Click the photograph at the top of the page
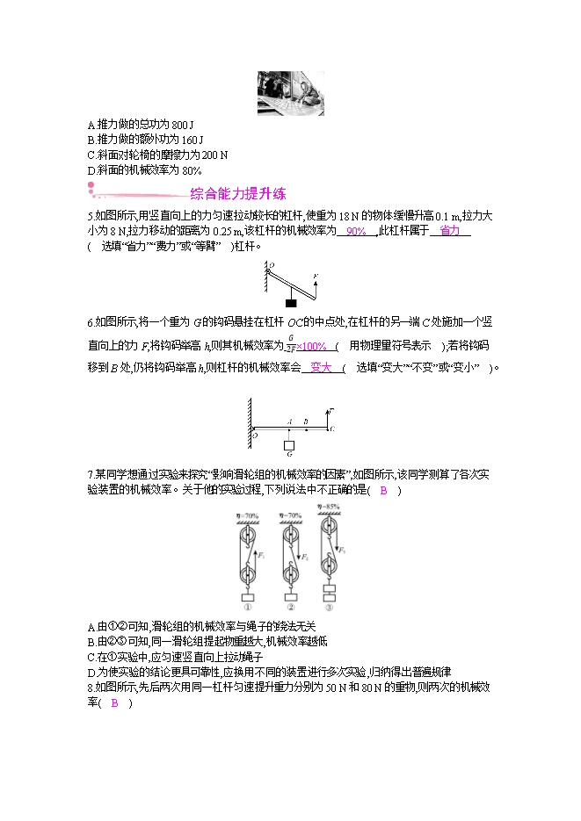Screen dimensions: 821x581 290,93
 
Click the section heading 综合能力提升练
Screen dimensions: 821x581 237,195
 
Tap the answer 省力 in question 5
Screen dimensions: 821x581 449,231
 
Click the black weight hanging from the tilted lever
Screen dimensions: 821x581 290,304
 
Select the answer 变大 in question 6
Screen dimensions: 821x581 321,368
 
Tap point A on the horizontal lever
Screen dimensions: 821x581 288,421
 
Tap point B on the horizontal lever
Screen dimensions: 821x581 305,421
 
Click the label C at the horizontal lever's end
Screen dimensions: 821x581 331,429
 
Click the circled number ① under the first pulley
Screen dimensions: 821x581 247,607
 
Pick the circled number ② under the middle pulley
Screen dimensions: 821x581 289,607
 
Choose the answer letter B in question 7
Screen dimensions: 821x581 383,490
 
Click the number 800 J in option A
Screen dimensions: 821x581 177,125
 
